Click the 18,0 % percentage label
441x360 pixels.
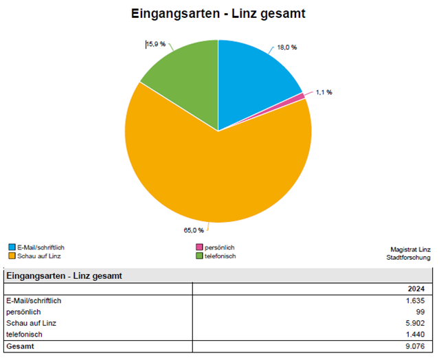tap(286, 47)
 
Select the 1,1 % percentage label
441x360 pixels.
tap(324, 92)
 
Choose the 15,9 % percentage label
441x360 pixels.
tap(155, 44)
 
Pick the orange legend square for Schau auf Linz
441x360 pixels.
tap(12, 256)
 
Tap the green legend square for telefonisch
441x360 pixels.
tap(199, 256)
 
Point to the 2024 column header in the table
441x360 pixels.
tap(416, 289)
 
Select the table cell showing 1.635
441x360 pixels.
tap(415, 300)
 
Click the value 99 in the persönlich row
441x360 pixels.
tap(420, 311)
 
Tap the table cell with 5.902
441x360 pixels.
tap(415, 323)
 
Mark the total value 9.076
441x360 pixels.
tap(415, 346)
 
